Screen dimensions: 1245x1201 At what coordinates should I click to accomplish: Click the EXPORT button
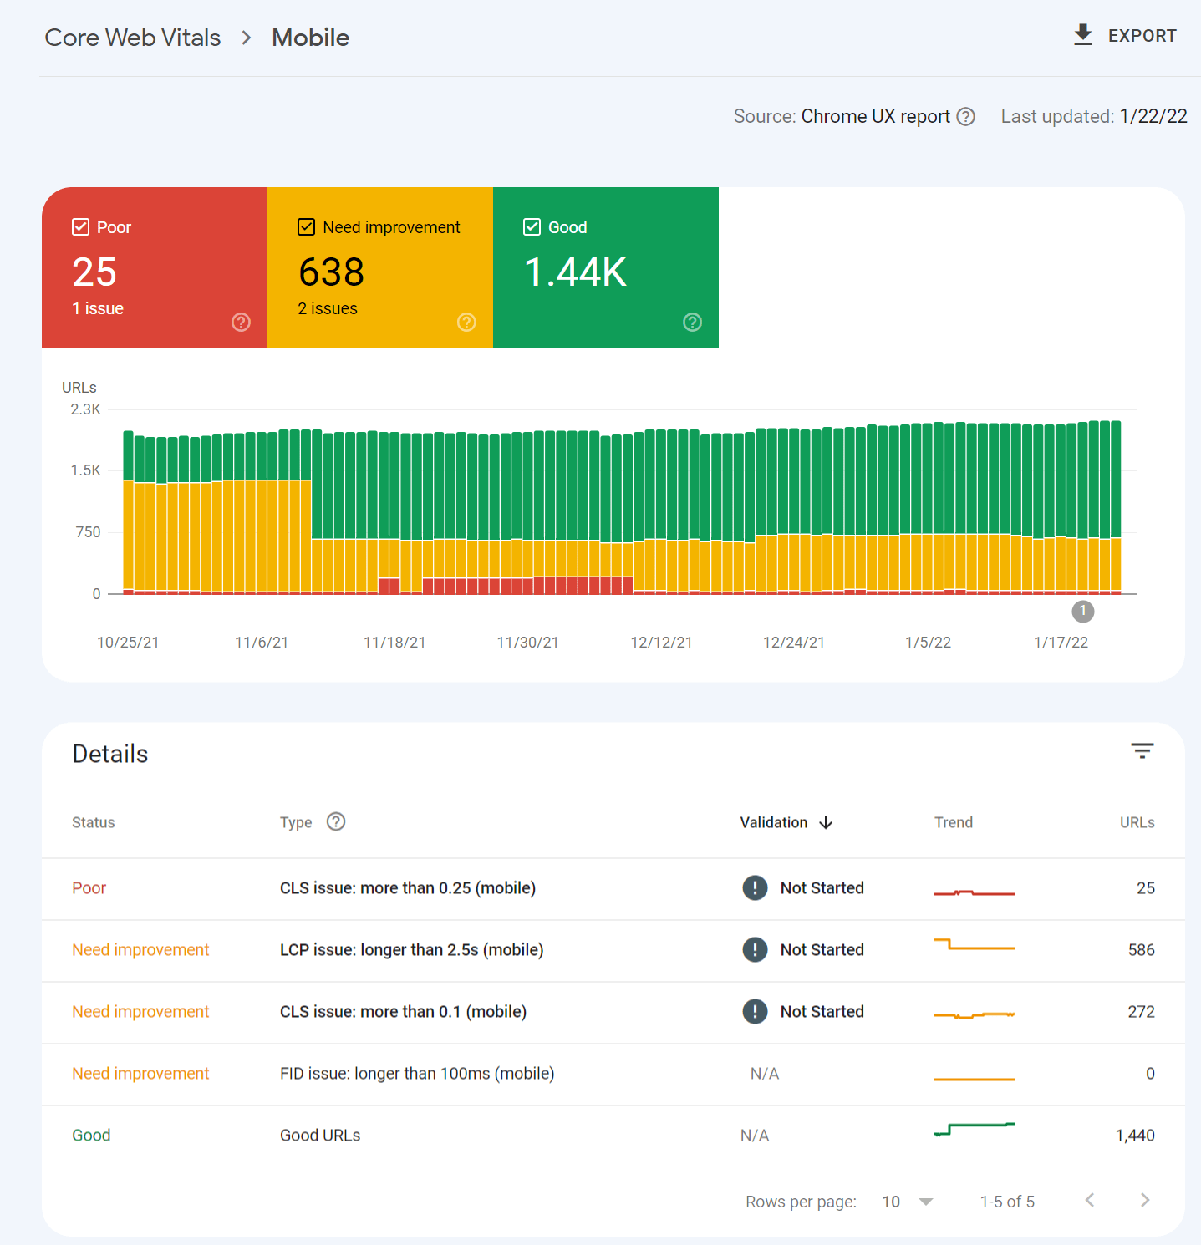1125,36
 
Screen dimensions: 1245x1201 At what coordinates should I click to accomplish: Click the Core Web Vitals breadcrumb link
133,38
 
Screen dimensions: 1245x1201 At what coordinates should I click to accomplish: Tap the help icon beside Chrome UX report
965,117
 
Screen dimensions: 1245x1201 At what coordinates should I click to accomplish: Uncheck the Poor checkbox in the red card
81,227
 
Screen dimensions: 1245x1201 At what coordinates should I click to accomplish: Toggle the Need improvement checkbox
307,227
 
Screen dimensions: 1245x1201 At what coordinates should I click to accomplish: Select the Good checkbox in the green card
532,227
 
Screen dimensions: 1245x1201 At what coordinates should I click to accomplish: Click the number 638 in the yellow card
331,272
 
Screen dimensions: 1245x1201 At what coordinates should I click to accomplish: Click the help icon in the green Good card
692,323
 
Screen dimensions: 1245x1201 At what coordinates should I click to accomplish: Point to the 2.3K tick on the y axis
85,409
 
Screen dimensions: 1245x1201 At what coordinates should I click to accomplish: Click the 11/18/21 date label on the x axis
394,643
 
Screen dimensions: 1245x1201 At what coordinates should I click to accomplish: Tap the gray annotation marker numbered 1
1082,612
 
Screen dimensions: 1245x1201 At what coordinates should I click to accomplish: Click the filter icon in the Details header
1142,750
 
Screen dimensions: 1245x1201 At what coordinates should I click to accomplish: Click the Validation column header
774,822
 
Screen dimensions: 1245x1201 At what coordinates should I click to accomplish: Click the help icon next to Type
336,822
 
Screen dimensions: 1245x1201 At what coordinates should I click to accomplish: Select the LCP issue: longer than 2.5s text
411,950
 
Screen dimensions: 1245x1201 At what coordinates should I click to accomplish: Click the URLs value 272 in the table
1141,1012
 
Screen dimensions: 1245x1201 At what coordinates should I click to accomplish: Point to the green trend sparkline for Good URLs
974,1130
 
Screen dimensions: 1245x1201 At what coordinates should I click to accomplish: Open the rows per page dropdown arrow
925,1202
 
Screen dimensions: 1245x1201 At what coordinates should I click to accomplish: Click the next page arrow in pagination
1144,1201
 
